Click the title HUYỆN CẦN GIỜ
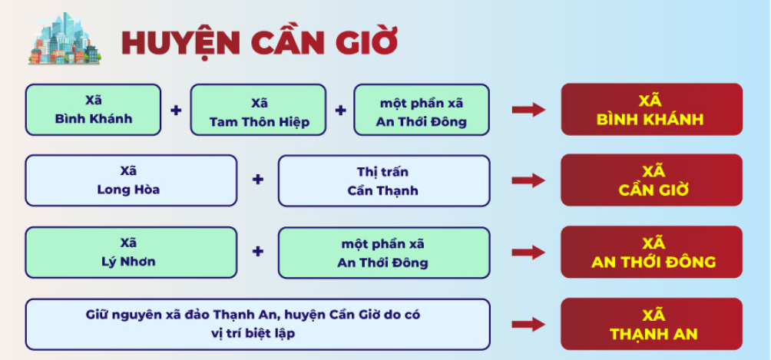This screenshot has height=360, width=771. [x=259, y=42]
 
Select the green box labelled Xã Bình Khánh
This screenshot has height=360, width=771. [x=94, y=110]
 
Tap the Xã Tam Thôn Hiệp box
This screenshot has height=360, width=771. [x=259, y=110]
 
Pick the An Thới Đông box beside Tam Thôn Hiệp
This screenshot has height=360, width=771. [x=421, y=110]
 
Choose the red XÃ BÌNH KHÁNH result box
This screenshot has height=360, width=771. [x=651, y=110]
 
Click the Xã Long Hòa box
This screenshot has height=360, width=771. [x=131, y=180]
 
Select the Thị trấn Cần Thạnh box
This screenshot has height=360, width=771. [x=383, y=180]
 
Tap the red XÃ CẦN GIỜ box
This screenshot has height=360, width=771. [x=651, y=180]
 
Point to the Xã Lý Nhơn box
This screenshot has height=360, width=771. [x=131, y=252]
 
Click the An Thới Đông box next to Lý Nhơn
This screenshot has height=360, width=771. [x=383, y=252]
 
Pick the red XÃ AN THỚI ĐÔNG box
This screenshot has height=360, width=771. [x=651, y=252]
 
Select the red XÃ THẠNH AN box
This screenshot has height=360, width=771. [x=651, y=324]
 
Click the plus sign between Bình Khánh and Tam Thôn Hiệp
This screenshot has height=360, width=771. [x=176, y=110]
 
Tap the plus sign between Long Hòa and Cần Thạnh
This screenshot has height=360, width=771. [x=258, y=180]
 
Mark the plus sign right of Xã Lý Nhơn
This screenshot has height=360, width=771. [x=258, y=251]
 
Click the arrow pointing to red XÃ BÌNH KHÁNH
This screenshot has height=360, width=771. [x=528, y=110]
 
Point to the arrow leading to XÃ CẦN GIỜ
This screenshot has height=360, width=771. [x=528, y=180]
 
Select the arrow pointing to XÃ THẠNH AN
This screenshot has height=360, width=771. [x=528, y=324]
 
